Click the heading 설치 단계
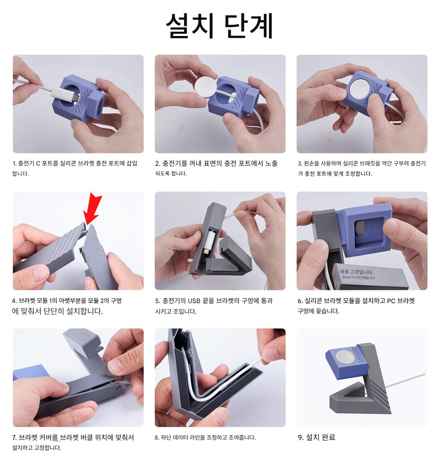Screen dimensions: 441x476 [x=219, y=26]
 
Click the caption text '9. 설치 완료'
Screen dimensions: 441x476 [x=316, y=437]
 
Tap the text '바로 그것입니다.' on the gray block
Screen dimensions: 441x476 [x=356, y=272]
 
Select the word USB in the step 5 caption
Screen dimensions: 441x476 [x=194, y=301]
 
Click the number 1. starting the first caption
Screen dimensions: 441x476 [x=14, y=163]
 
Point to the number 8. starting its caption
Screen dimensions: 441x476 [x=157, y=438]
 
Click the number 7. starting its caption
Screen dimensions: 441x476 [x=15, y=438]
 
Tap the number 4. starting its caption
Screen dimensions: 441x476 [x=14, y=301]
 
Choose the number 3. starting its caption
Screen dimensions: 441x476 [x=300, y=163]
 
